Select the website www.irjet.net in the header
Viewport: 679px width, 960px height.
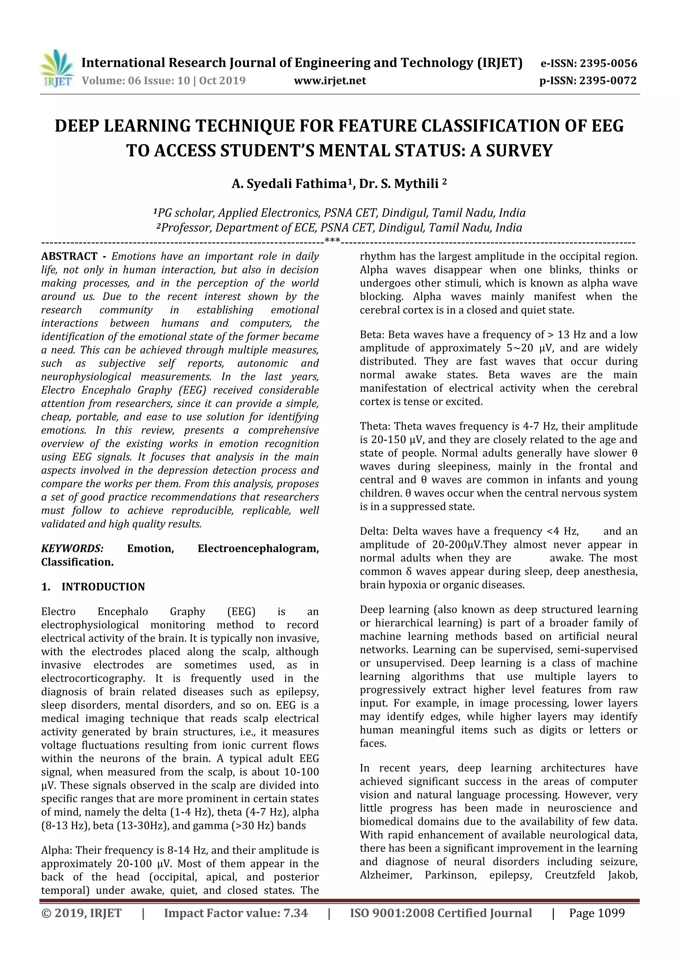pyautogui.click(x=330, y=80)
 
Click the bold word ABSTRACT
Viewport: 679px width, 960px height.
pyautogui.click(x=69, y=256)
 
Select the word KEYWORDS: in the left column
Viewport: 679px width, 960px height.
pyautogui.click(x=72, y=549)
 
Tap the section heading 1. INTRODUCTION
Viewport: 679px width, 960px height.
pyautogui.click(x=93, y=587)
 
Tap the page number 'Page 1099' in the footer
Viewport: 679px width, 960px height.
pyautogui.click(x=597, y=913)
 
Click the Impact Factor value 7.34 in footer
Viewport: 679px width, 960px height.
pyautogui.click(x=296, y=913)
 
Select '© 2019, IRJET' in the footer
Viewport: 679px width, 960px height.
pyautogui.click(x=82, y=913)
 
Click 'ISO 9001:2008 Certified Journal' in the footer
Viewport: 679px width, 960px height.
pyautogui.click(x=441, y=913)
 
